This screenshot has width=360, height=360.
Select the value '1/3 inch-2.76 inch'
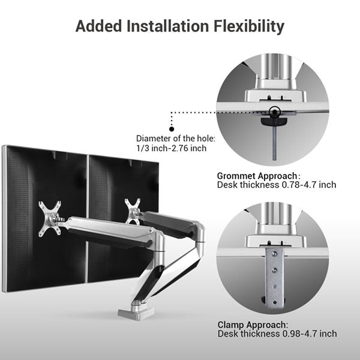(x=171, y=148)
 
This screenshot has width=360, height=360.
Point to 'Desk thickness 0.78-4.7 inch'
(x=277, y=185)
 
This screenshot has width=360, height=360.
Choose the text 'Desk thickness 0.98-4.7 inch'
(x=277, y=334)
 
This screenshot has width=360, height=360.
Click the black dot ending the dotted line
(x=172, y=128)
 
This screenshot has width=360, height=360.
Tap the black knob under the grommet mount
(x=274, y=122)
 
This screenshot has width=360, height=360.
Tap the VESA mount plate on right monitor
(x=133, y=212)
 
